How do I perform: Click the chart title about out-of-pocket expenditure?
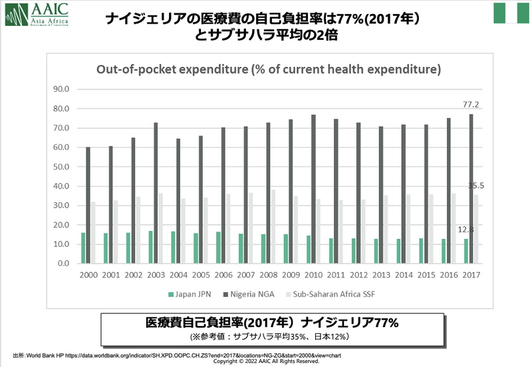pyautogui.click(x=269, y=69)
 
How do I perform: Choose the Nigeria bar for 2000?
pyautogui.click(x=88, y=205)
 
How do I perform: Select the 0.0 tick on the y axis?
pyautogui.click(x=63, y=263)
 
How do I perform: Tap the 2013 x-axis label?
pyautogui.click(x=381, y=275)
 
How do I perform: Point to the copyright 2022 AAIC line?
pyautogui.click(x=266, y=362)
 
